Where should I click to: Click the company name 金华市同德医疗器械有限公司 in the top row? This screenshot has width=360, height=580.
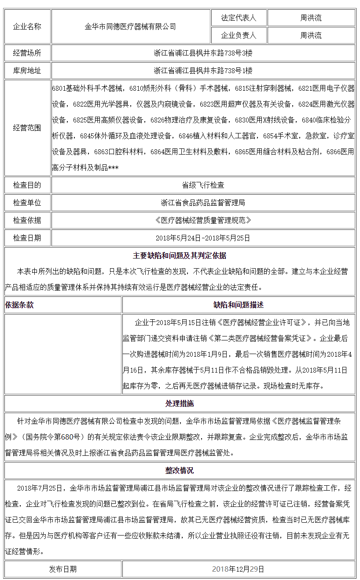pyautogui.click(x=130, y=27)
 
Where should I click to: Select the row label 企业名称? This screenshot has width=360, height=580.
pyautogui.click(x=27, y=27)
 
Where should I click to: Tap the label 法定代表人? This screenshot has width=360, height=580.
pyautogui.click(x=238, y=18)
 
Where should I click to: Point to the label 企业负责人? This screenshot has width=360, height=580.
pyautogui.click(x=238, y=36)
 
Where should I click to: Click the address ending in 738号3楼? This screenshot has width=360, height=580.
pyautogui.click(x=203, y=53)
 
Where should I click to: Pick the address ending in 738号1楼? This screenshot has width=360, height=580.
pyautogui.click(x=203, y=70)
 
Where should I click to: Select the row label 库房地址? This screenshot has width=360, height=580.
pyautogui.click(x=27, y=70)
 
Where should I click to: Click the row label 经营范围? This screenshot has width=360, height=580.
pyautogui.click(x=27, y=128)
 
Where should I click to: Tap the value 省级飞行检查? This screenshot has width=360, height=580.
pyautogui.click(x=203, y=185)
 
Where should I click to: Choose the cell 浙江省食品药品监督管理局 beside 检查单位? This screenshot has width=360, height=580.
pyautogui.click(x=203, y=203)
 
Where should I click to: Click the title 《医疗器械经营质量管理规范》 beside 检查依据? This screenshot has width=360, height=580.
pyautogui.click(x=203, y=220)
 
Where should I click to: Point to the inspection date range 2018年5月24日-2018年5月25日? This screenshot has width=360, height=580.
pyautogui.click(x=203, y=238)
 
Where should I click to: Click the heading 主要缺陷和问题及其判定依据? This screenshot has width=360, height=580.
pyautogui.click(x=180, y=255)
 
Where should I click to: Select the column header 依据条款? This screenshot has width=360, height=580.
pyautogui.click(x=19, y=305)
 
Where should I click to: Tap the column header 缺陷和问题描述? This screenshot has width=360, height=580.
pyautogui.click(x=238, y=305)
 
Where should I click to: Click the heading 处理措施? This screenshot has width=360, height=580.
pyautogui.click(x=180, y=403)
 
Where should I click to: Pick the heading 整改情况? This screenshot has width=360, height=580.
pyautogui.click(x=180, y=470)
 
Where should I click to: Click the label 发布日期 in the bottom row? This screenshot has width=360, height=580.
pyautogui.click(x=63, y=569)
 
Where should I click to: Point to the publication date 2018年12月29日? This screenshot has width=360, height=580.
pyautogui.click(x=238, y=569)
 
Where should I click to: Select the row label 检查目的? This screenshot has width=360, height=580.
pyautogui.click(x=27, y=185)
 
